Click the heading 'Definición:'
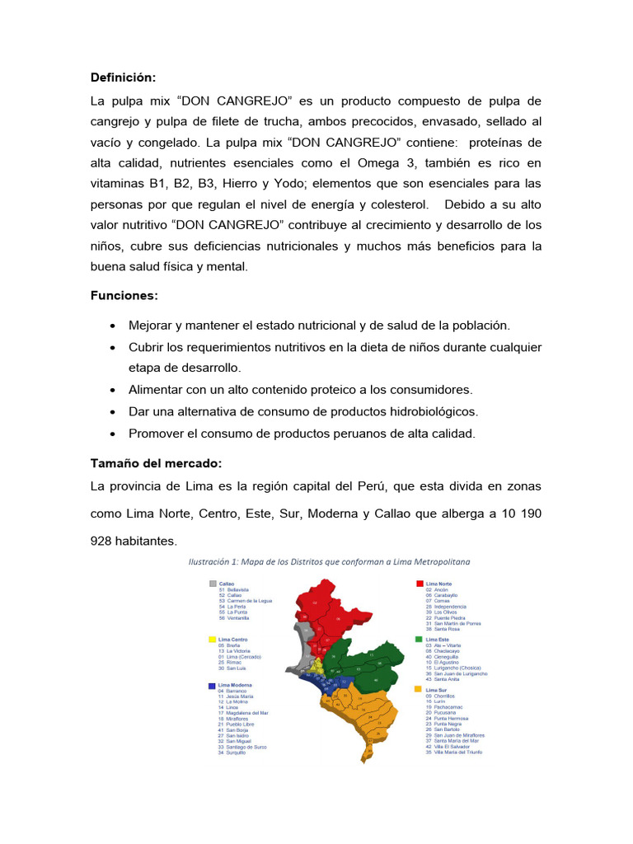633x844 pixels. pyautogui.click(x=123, y=77)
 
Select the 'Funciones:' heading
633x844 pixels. pyautogui.click(x=124, y=295)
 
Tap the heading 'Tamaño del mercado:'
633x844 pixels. pyautogui.click(x=156, y=463)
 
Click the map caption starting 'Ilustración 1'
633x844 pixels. pyautogui.click(x=329, y=562)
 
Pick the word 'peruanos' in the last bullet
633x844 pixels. pyautogui.click(x=357, y=433)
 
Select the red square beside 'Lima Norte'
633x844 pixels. pyautogui.click(x=420, y=584)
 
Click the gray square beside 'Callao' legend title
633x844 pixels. pyautogui.click(x=213, y=584)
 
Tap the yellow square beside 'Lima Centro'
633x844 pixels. pyautogui.click(x=213, y=640)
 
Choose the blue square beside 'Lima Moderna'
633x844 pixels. pyautogui.click(x=213, y=685)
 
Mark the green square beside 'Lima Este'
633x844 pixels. pyautogui.click(x=420, y=640)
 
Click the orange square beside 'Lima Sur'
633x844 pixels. pyautogui.click(x=420, y=690)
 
